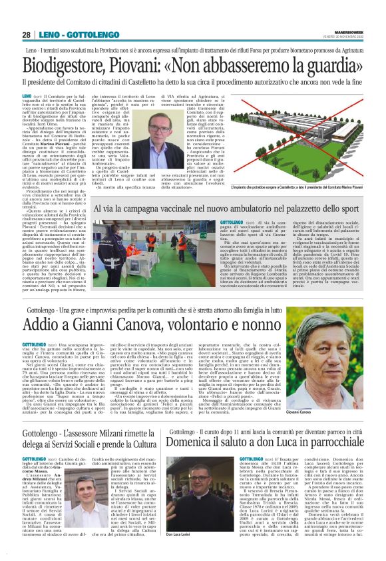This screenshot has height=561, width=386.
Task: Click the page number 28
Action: (x=27, y=35)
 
